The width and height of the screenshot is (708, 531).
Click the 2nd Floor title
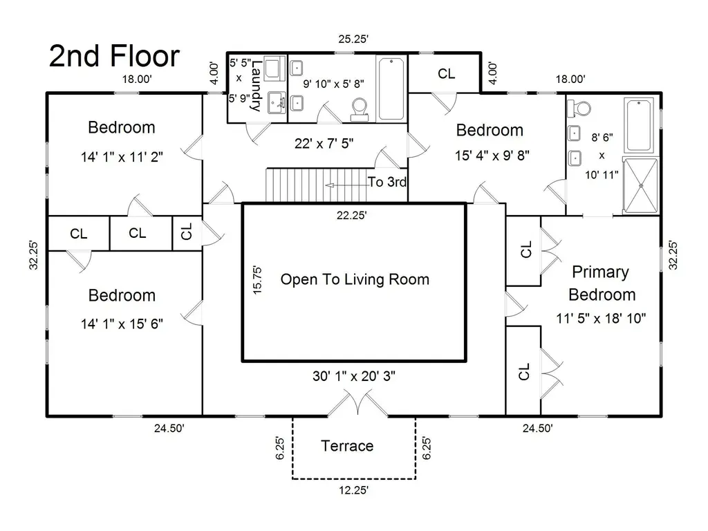[114, 56]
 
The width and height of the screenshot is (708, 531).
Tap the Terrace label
[347, 446]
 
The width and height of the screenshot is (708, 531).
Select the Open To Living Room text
[355, 279]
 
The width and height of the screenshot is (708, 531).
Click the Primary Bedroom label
[602, 283]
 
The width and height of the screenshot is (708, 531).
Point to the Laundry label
[256, 86]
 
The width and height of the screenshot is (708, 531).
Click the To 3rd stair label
[387, 182]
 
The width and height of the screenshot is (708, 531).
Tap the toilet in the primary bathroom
[579, 108]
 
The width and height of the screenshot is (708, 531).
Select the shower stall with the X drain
[641, 185]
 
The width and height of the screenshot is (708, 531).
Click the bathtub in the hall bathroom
[391, 88]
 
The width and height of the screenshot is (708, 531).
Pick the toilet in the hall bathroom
[360, 110]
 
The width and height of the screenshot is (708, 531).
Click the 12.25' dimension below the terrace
[353, 490]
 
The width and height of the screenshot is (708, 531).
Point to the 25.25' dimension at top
[353, 39]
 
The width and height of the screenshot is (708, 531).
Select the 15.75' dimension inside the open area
[257, 281]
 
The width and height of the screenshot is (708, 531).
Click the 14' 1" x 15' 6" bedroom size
[122, 324]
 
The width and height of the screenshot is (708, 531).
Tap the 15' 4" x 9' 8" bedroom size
[492, 156]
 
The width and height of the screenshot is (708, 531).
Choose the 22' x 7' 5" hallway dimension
[324, 144]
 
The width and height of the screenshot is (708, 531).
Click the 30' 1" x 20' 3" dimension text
[354, 375]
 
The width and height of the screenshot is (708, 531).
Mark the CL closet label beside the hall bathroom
[447, 73]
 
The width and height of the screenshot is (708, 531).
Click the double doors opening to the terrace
[357, 403]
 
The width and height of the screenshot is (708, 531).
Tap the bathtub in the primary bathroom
[639, 125]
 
